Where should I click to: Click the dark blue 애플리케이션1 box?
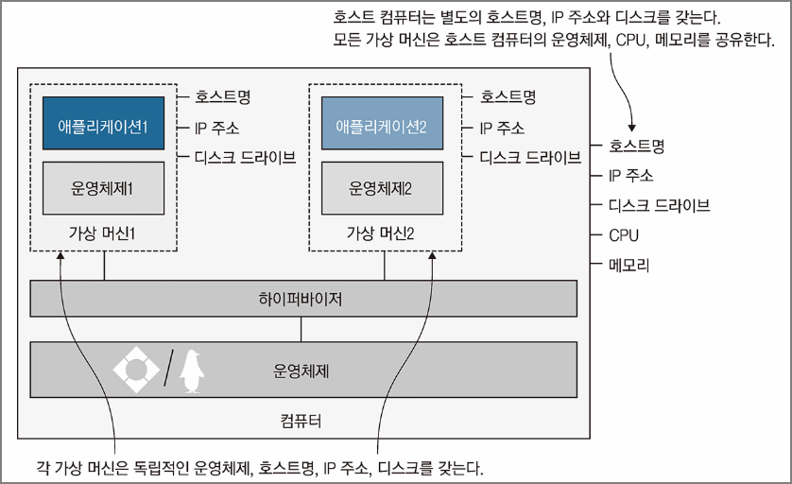point(104,123)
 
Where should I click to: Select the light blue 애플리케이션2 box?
point(383,123)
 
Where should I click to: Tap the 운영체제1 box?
point(104,187)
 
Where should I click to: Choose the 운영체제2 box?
point(383,187)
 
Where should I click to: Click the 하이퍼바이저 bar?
point(303,299)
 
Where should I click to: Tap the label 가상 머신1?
point(103,233)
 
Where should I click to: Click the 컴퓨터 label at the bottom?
point(301,419)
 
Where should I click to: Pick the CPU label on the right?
point(624,234)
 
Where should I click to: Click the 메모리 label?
point(629,265)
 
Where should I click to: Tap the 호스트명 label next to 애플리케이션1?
point(223,95)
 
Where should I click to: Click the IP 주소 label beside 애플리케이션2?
point(502,128)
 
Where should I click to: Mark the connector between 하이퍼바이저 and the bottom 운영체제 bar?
point(301,329)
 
